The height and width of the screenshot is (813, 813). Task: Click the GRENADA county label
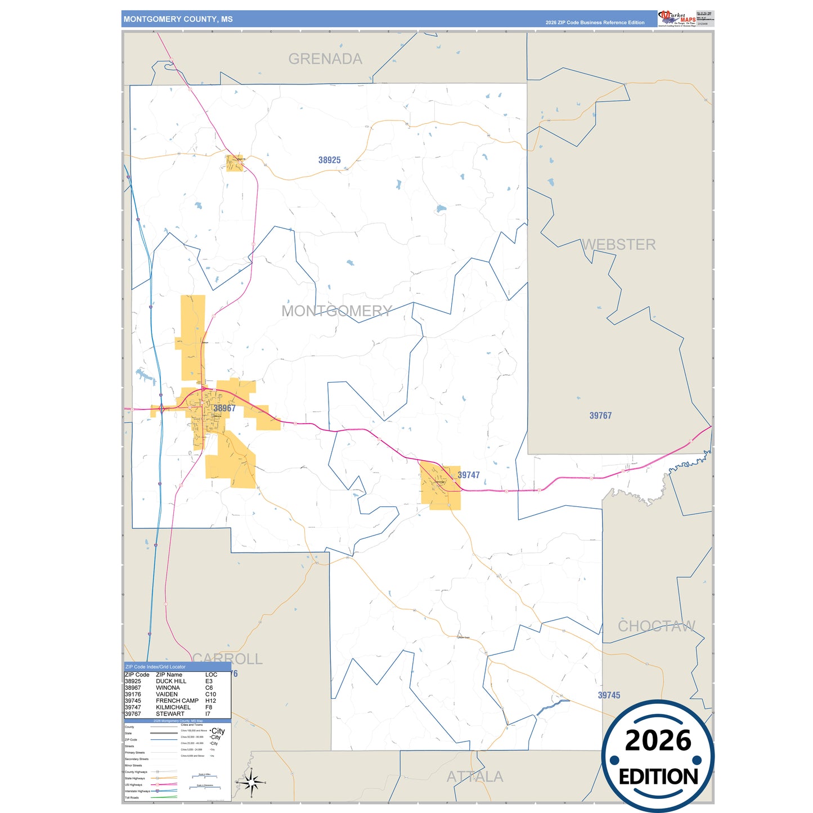(325, 59)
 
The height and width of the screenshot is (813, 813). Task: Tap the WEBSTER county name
(619, 245)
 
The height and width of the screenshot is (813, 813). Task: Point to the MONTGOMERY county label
(336, 311)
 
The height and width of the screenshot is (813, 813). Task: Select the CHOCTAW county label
(657, 626)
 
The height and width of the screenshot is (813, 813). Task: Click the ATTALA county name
(475, 777)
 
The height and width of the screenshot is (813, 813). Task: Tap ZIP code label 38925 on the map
(330, 160)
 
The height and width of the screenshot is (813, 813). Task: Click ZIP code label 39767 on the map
(600, 416)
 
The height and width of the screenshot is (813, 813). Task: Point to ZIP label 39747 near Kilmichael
(469, 475)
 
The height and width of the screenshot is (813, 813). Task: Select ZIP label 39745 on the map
(609, 695)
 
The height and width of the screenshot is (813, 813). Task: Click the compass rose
(251, 782)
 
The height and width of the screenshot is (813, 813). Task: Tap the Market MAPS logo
(677, 19)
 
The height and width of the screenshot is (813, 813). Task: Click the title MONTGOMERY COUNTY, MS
(178, 19)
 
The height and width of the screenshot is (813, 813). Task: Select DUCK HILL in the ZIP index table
(171, 681)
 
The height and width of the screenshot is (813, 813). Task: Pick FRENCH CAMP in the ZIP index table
(177, 701)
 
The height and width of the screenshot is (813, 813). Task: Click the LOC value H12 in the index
(210, 701)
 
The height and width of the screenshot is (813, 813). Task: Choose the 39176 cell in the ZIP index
(133, 694)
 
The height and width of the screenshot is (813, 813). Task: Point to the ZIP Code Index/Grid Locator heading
(155, 667)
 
